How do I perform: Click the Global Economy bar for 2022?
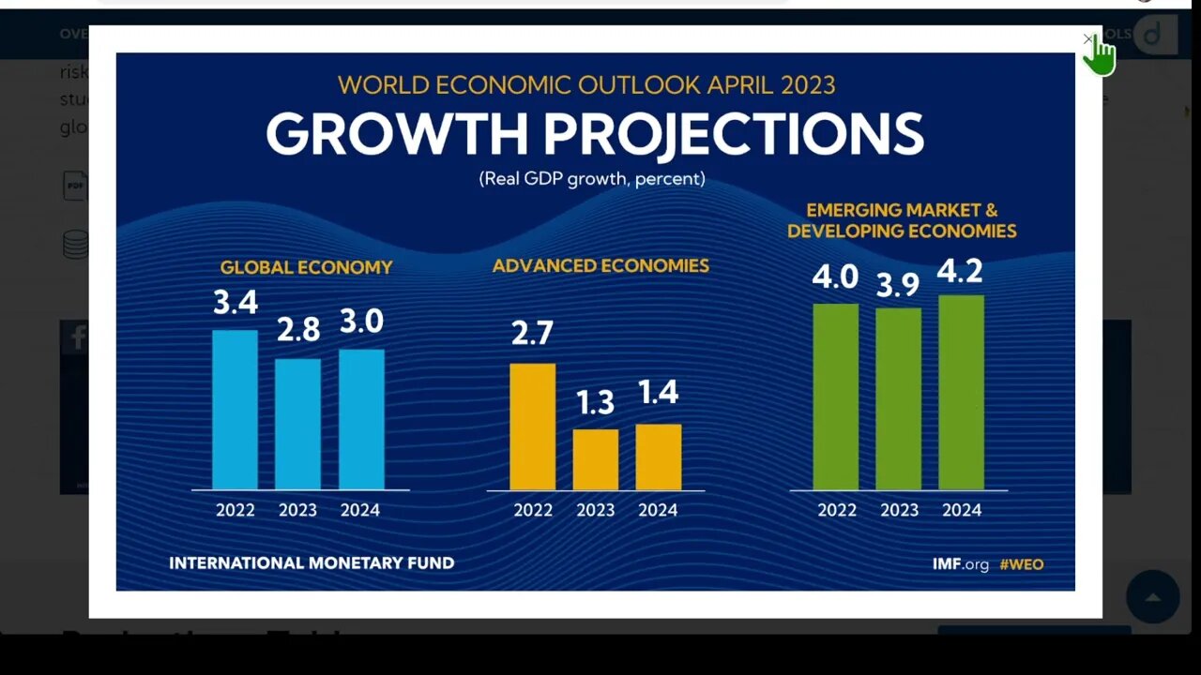coord(235,410)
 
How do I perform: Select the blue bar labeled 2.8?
coord(297,424)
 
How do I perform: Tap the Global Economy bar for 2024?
coord(361,419)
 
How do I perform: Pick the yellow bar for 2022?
coord(532,427)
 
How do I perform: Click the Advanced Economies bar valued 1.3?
coord(595,459)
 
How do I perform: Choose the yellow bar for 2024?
coord(658,457)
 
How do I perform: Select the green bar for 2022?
coord(835,397)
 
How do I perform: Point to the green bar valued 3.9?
coord(898,398)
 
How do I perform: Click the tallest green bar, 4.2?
coord(961,392)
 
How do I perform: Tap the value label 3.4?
coord(236,303)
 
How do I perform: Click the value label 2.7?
coord(532,333)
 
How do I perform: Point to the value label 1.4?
coord(658,392)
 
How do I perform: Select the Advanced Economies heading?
coord(600,266)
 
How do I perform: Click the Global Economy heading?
coord(306,267)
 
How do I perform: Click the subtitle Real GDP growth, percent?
coord(592,178)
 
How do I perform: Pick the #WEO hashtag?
coord(1021,564)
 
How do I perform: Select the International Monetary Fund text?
coord(312,563)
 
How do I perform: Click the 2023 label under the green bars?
coord(899,510)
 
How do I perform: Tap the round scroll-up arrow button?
coord(1152,597)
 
